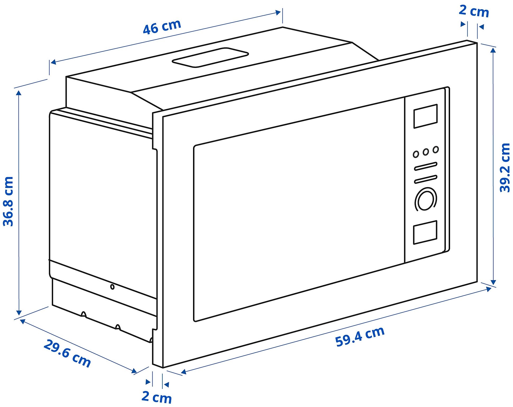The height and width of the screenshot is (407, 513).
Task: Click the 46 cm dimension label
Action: (162, 27)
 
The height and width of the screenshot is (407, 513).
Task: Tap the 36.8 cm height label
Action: (8, 201)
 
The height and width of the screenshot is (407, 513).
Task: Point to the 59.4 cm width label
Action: (360, 336)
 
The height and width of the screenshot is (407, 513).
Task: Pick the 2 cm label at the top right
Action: (474, 11)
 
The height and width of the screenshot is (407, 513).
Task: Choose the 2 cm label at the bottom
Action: (157, 397)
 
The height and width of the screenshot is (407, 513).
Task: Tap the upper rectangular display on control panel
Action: (425, 116)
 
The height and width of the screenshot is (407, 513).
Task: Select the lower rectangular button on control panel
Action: (425, 232)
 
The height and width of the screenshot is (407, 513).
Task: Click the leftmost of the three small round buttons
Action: (416, 154)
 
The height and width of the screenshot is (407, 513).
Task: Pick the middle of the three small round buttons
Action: (426, 152)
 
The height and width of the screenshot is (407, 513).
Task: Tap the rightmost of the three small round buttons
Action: (436, 150)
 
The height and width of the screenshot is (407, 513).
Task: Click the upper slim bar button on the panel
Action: (425, 166)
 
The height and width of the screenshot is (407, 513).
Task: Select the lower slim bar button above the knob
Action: (425, 179)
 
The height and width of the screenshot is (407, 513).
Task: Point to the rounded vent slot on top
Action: (210, 57)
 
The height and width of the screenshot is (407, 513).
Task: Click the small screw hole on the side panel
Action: (112, 287)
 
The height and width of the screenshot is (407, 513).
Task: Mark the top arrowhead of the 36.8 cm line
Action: (19, 92)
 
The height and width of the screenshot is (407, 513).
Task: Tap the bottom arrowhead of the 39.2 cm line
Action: (493, 282)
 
